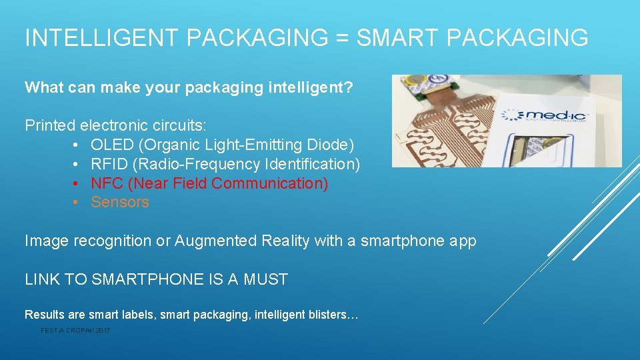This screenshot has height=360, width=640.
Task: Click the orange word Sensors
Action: coord(120,203)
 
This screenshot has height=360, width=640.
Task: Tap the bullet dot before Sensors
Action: coord(77,203)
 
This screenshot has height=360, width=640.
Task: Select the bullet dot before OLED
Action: coord(77,145)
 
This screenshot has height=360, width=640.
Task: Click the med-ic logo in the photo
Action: coord(547,116)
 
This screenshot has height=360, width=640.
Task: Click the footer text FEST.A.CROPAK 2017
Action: coord(75,331)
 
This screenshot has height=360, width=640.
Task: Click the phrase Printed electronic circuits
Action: coord(116,125)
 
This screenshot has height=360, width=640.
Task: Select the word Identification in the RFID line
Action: coord(312,164)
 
